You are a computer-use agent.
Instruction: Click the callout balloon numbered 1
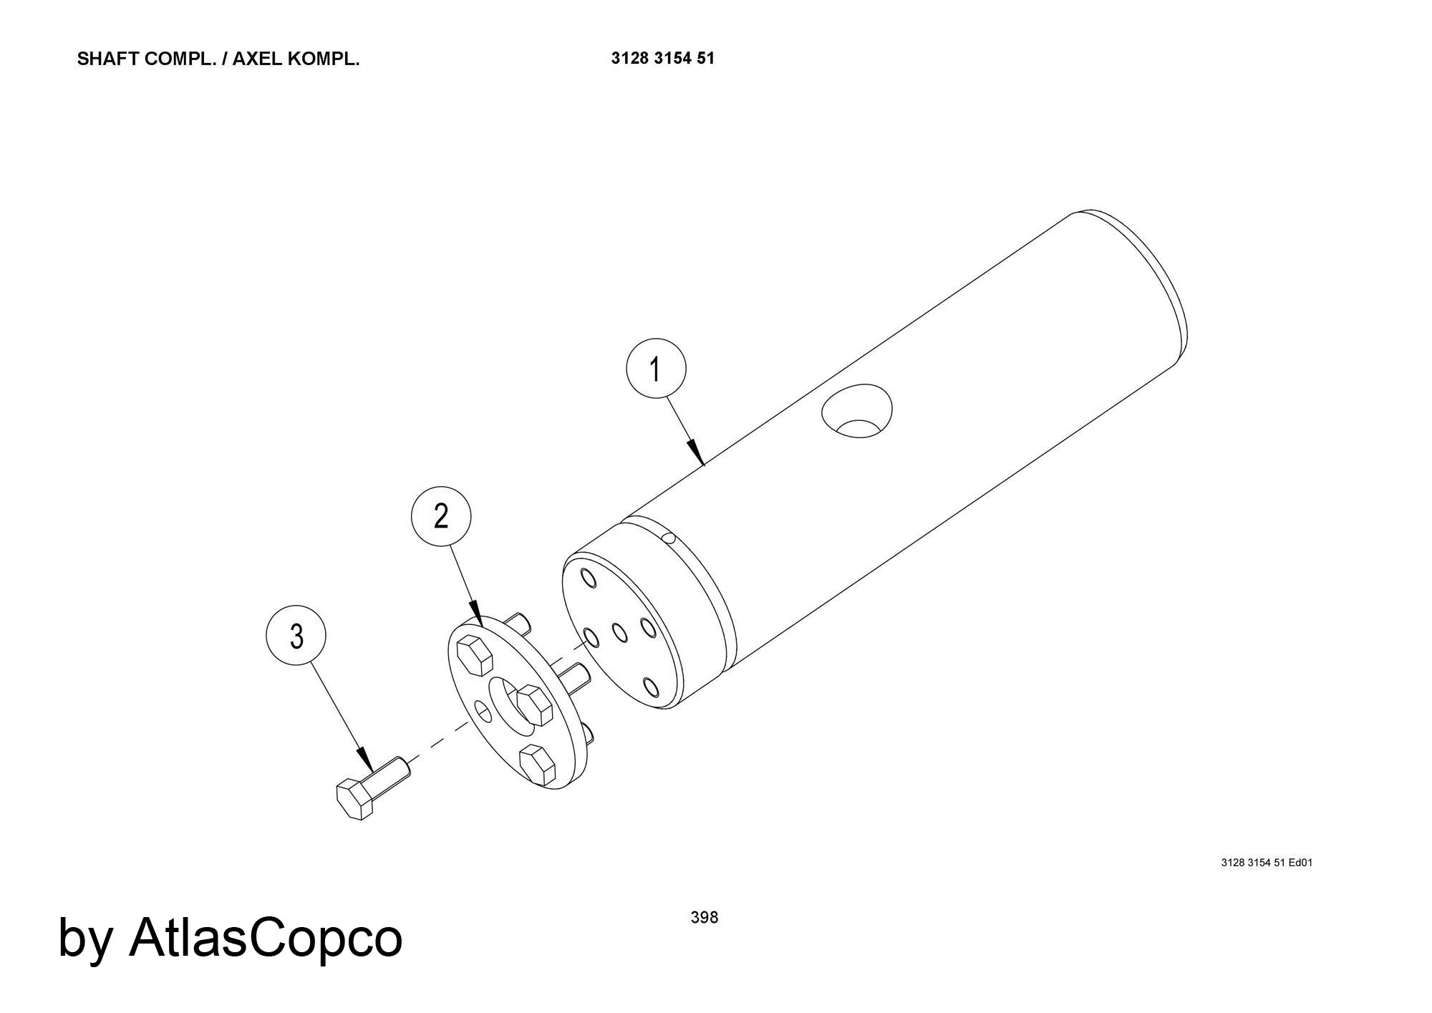(656, 369)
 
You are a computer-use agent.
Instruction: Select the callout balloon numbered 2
(441, 516)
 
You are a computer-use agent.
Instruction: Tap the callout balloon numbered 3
(296, 636)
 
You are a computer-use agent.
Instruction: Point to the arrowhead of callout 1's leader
(697, 452)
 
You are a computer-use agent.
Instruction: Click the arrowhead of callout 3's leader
(365, 758)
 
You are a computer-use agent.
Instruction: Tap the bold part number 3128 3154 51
(663, 59)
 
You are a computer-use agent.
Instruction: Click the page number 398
(705, 918)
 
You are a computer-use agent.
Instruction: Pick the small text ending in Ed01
(1267, 863)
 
